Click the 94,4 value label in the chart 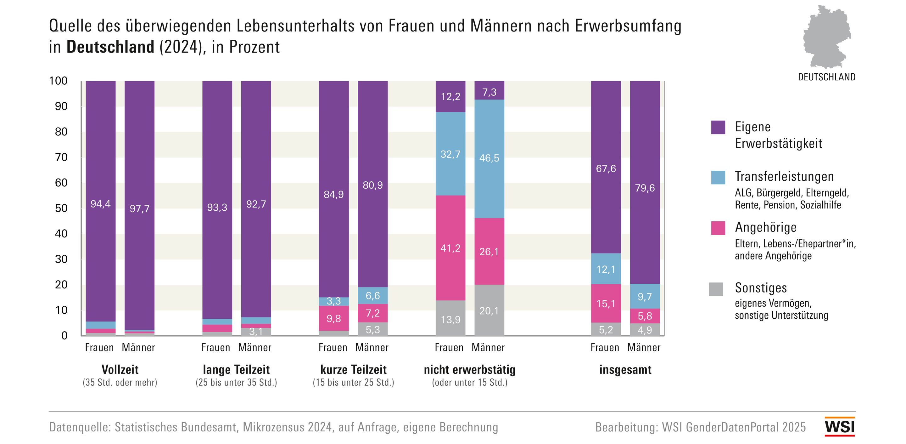(x=100, y=204)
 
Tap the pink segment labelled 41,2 (x=450, y=248)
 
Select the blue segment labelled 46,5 (x=489, y=158)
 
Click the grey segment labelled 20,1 (x=489, y=310)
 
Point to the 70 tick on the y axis (x=61, y=157)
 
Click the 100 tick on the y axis (x=59, y=81)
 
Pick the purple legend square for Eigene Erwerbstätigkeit (x=718, y=127)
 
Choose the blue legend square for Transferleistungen (x=718, y=178)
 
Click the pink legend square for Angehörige (x=718, y=228)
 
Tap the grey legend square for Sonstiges (x=716, y=289)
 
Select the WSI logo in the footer (x=840, y=427)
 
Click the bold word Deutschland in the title (x=110, y=47)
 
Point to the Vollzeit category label (x=120, y=369)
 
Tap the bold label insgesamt (x=625, y=369)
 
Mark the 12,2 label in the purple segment (x=450, y=96)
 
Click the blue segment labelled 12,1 (x=606, y=269)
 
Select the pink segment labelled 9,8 (x=333, y=318)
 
